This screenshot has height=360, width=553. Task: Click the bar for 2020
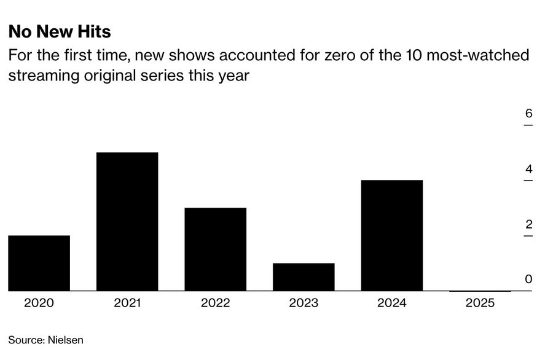(x=39, y=263)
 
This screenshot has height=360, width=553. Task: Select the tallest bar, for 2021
(x=127, y=221)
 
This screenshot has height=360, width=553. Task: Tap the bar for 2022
(x=215, y=249)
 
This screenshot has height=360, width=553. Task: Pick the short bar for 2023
(x=304, y=276)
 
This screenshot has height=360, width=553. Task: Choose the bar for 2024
(x=392, y=235)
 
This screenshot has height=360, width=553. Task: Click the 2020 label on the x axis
(x=39, y=303)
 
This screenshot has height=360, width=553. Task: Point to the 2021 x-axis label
(x=127, y=303)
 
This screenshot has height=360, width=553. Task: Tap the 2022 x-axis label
(x=215, y=303)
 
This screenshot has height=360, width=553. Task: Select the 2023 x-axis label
(x=304, y=303)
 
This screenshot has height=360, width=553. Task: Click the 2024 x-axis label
(x=392, y=303)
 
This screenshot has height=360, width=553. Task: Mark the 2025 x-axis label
(x=480, y=303)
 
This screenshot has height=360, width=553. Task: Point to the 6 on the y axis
(x=528, y=114)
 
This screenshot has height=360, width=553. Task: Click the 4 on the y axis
(x=528, y=170)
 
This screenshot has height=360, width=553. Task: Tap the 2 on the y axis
(x=528, y=224)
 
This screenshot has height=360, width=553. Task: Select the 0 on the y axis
(x=528, y=280)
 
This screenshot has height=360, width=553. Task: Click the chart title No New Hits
(x=60, y=31)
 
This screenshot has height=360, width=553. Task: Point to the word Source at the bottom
(x=25, y=340)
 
